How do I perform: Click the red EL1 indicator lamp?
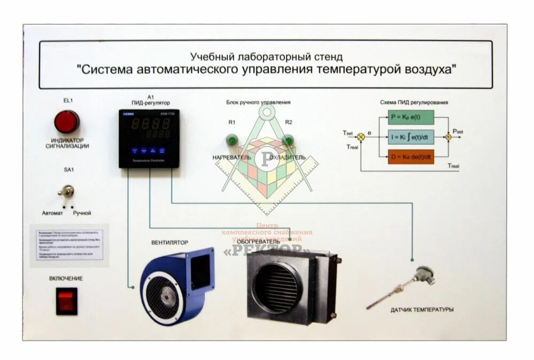pyautogui.click(x=67, y=122)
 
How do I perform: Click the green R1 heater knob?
pyautogui.click(x=232, y=140)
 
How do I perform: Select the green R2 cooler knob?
pyautogui.click(x=288, y=140)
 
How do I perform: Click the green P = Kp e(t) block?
pyautogui.click(x=410, y=118)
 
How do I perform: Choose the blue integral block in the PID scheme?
pyautogui.click(x=410, y=137)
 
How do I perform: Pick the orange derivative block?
pyautogui.click(x=410, y=157)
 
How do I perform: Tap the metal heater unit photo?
pyautogui.click(x=291, y=286)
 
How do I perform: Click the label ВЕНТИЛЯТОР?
pyautogui.click(x=170, y=242)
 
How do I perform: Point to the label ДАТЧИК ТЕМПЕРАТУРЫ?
pyautogui.click(x=422, y=310)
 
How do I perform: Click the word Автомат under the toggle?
pyautogui.click(x=52, y=213)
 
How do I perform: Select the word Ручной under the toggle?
pyautogui.click(x=82, y=213)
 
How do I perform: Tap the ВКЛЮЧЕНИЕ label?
pyautogui.click(x=66, y=278)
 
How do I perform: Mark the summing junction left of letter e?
pyautogui.click(x=361, y=137)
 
